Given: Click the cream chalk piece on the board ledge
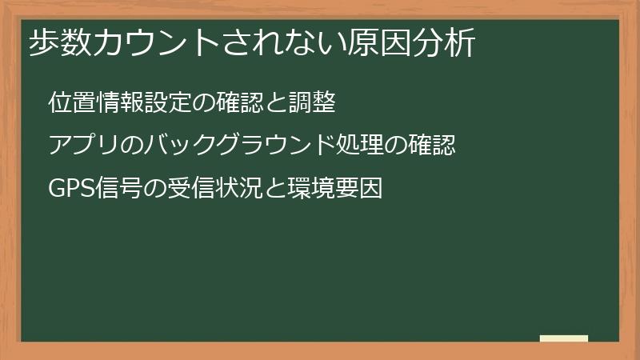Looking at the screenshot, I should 563,338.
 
